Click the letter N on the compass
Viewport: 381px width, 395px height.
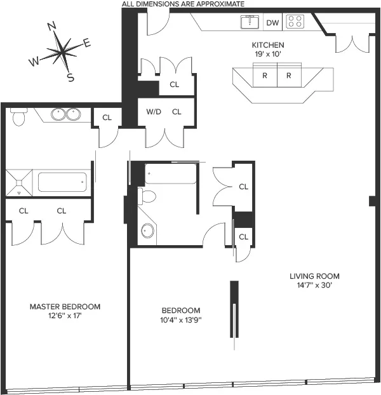[53, 26]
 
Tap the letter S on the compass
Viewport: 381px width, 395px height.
[70, 78]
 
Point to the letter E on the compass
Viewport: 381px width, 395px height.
[87, 43]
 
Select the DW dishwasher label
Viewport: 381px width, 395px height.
[272, 23]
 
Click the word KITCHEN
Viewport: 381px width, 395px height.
[268, 45]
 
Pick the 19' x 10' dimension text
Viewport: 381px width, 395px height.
[268, 54]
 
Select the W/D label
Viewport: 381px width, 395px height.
[154, 112]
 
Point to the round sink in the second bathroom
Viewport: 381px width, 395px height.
[147, 231]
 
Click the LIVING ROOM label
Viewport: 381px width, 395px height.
[314, 276]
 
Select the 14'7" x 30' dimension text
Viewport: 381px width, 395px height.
[314, 285]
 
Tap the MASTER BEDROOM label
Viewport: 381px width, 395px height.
[65, 307]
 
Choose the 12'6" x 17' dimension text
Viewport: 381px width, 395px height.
[65, 316]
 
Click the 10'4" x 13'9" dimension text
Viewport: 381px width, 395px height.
[182, 319]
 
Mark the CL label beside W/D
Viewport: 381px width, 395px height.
[177, 112]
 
